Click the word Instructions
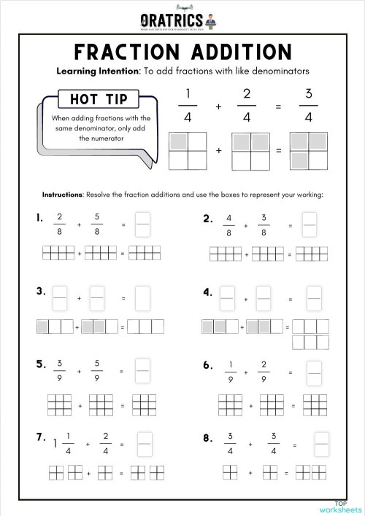[x=63, y=195]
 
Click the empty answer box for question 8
[x=320, y=444]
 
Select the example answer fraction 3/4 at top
[x=308, y=106]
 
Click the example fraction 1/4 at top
[x=188, y=106]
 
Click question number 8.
[x=207, y=437]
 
